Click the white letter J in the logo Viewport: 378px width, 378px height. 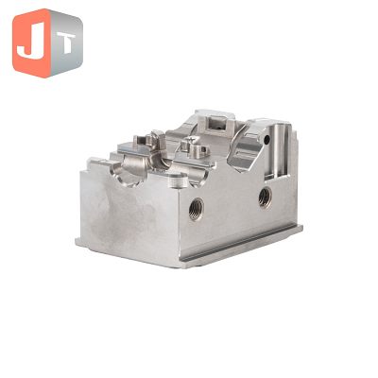(x=30, y=43)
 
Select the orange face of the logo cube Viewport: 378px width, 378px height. (x=31, y=43)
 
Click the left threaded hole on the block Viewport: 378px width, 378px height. (x=197, y=209)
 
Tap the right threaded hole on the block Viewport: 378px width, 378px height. (x=266, y=198)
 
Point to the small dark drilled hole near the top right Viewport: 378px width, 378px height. (x=266, y=140)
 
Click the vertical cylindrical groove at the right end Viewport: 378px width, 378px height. (x=279, y=150)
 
